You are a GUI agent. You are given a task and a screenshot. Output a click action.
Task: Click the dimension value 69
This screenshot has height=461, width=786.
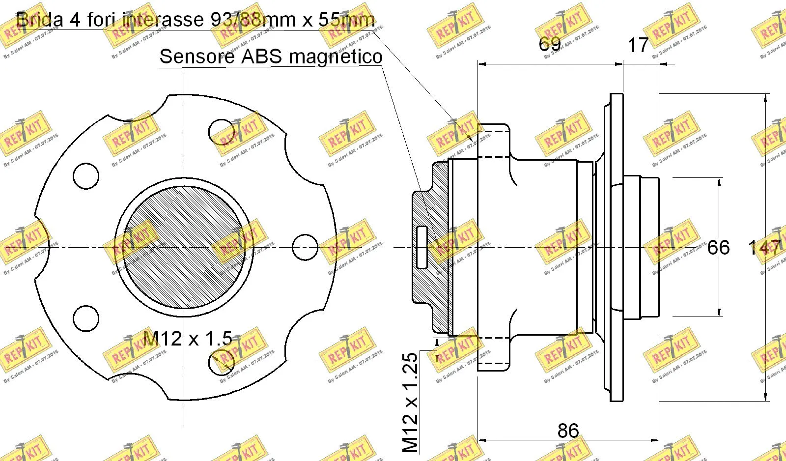point(549,44)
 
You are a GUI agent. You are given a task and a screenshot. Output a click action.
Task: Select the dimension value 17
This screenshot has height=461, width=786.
point(638,45)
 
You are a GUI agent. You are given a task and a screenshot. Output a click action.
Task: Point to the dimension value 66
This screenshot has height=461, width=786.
point(718,248)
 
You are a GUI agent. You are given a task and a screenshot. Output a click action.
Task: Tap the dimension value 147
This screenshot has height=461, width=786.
point(764,248)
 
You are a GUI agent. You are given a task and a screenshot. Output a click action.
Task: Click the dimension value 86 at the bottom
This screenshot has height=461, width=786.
point(568,431)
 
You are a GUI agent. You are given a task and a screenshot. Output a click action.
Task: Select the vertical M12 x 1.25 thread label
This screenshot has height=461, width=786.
point(410,402)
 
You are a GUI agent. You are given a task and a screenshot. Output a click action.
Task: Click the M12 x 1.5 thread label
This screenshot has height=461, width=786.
point(187,339)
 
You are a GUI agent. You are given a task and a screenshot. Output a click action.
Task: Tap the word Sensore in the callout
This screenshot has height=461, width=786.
point(197,57)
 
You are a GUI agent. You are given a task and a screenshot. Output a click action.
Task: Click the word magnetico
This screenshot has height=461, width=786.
point(336,57)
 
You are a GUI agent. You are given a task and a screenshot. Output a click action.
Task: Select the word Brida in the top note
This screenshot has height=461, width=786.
point(40,20)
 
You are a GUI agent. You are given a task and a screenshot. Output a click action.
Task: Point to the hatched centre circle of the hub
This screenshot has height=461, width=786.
point(184,247)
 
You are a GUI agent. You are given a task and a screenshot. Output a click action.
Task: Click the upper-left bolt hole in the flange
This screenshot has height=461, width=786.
point(86,175)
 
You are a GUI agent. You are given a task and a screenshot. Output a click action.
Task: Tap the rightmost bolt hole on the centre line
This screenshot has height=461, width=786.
point(305,247)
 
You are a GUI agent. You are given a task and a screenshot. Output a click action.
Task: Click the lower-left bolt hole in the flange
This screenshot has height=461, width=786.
point(86,318)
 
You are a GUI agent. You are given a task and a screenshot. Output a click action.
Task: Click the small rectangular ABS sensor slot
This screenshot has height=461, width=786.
point(421,247)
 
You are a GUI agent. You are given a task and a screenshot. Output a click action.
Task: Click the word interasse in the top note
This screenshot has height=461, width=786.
point(162,20)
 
